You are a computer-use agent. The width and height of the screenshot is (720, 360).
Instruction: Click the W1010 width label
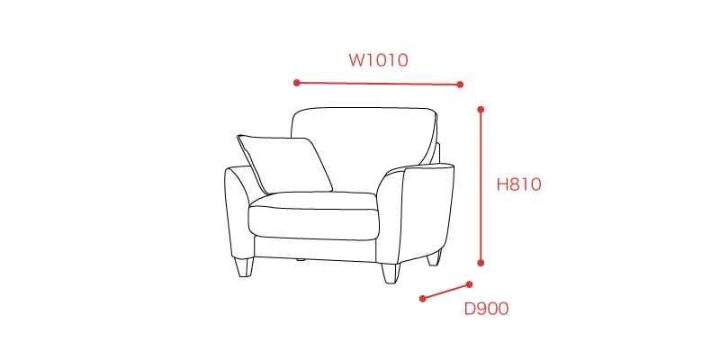[x=378, y=60]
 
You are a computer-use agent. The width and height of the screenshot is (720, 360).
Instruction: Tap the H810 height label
[x=519, y=184]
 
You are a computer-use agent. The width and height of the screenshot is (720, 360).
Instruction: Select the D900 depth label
[x=486, y=309]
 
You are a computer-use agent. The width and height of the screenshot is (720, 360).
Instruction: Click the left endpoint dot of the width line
[x=297, y=83]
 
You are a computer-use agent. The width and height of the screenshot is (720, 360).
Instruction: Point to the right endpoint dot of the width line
[x=460, y=85]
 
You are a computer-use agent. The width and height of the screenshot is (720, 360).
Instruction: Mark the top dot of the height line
[x=481, y=109]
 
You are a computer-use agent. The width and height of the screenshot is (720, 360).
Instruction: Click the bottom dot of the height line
[x=481, y=263]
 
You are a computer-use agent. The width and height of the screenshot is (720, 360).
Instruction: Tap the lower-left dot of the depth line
[x=422, y=299]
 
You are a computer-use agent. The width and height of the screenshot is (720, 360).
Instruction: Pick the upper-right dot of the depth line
[x=469, y=284]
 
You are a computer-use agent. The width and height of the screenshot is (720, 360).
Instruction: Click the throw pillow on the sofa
[x=284, y=164]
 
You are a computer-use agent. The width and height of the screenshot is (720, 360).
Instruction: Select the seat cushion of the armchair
[x=314, y=216]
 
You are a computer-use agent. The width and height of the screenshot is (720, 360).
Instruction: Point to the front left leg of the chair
[x=244, y=266]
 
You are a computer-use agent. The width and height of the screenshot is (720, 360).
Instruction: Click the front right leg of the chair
[x=391, y=274]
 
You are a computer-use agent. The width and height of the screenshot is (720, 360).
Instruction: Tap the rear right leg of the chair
[x=434, y=258]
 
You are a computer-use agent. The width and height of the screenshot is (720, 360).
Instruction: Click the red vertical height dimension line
[x=481, y=186]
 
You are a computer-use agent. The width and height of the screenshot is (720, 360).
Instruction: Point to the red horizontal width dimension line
[x=378, y=84]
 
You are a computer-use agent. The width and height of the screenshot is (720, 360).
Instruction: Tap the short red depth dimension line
[x=445, y=292]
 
